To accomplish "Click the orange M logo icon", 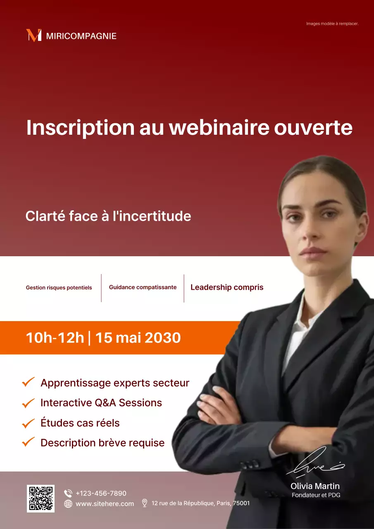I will tap(33, 36).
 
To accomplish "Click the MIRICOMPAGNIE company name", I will tap(81, 36).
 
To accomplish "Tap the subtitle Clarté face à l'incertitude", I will tap(108, 216).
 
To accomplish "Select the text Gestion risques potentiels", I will tap(59, 288).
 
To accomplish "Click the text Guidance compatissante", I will tap(143, 287).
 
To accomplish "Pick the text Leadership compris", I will tap(227, 287).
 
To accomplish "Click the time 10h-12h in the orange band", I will tap(55, 338).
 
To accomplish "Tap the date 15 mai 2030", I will tap(138, 338).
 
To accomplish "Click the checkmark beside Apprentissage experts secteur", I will tap(28, 382).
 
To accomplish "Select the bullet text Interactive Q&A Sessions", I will tap(101, 403).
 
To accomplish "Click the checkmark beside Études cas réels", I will tap(28, 423).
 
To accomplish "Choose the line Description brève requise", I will tap(102, 443).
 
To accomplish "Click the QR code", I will tap(40, 498).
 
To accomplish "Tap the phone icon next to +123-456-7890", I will tap(68, 493).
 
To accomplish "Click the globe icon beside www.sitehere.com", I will tap(68, 504).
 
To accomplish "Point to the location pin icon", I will tap(145, 503).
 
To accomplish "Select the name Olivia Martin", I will tap(315, 486).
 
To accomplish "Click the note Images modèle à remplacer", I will tap(332, 24).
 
